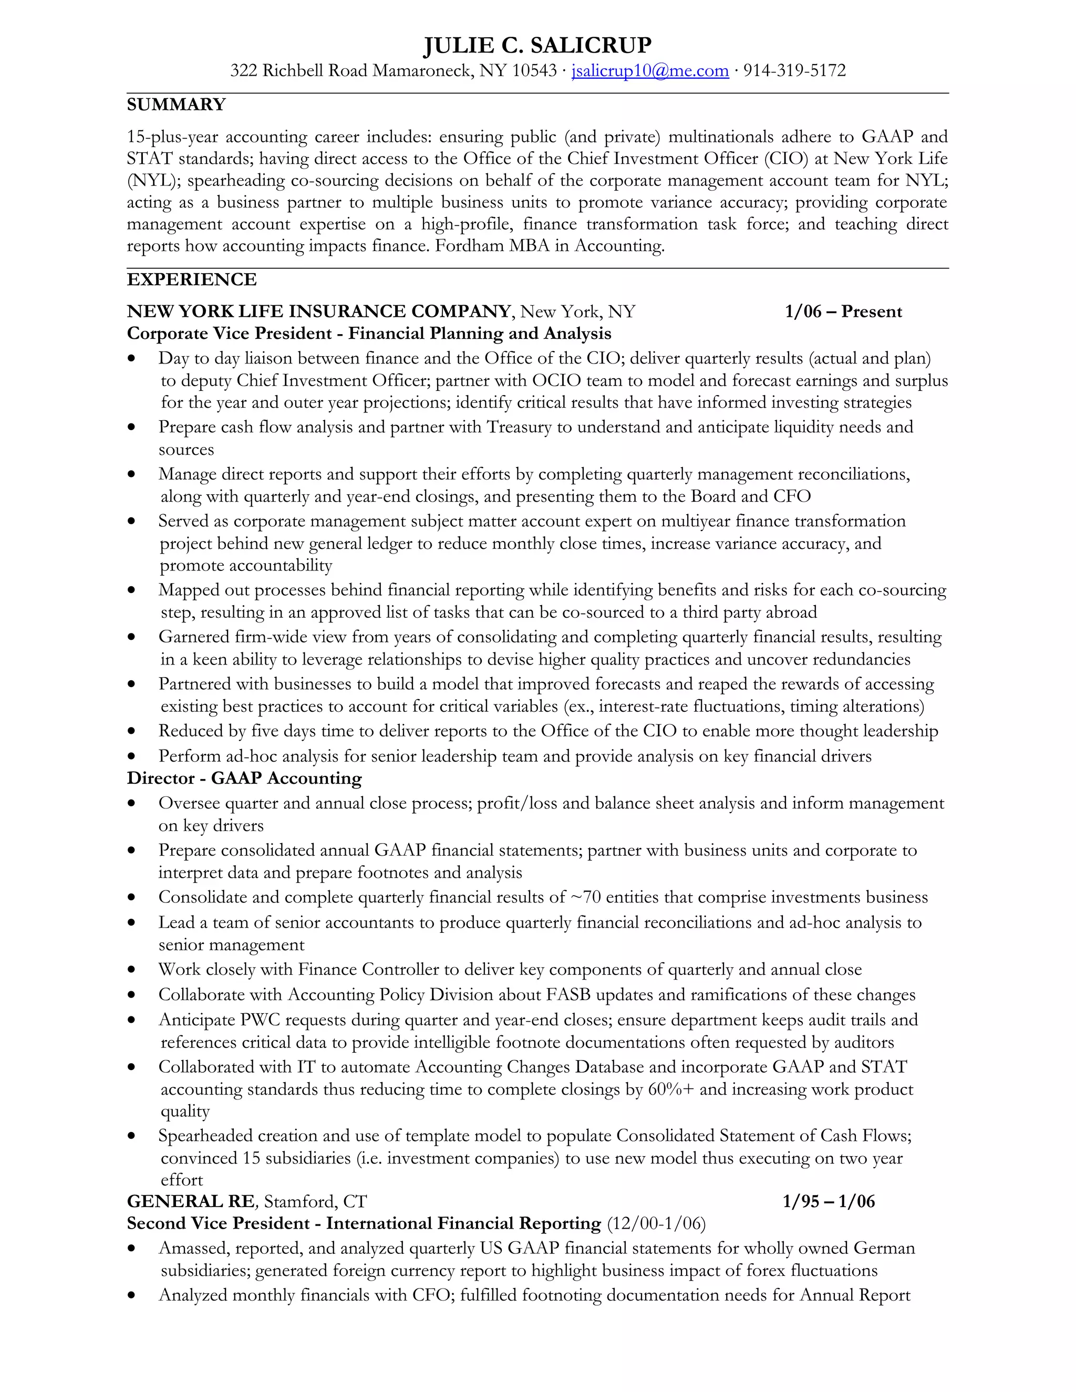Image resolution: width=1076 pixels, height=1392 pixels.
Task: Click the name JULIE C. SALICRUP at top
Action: click(537, 45)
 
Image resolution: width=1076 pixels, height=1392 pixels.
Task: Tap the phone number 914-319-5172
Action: click(794, 71)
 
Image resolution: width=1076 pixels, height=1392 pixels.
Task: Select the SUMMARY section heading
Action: click(176, 105)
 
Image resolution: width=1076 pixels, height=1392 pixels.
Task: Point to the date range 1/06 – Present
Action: click(843, 311)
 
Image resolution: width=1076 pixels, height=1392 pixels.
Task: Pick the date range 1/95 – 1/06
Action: click(828, 1201)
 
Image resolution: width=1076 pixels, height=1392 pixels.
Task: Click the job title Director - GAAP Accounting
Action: click(244, 778)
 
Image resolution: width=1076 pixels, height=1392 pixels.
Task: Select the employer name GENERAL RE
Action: click(191, 1201)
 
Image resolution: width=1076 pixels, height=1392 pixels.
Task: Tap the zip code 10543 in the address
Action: click(534, 71)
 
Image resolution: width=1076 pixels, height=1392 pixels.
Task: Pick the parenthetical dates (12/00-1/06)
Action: click(656, 1224)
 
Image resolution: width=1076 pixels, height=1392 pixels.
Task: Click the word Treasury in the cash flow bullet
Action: click(518, 427)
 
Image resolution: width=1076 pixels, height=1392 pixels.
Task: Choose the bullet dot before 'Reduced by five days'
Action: click(131, 732)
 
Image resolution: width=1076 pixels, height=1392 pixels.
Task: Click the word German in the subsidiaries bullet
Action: click(884, 1248)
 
